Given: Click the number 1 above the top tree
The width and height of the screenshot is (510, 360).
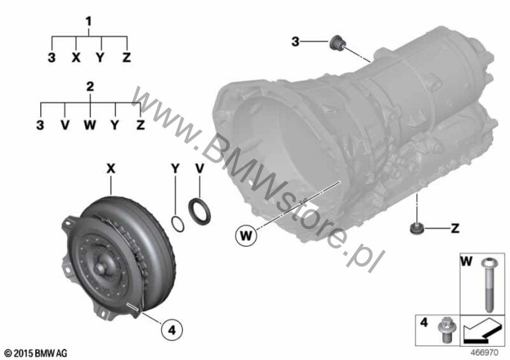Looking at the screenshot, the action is click(x=88, y=22).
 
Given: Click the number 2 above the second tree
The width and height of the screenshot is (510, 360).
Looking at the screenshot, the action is click(x=90, y=86).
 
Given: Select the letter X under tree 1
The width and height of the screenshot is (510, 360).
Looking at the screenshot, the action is click(x=76, y=57).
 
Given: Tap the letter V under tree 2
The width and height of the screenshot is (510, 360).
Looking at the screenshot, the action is click(x=65, y=125).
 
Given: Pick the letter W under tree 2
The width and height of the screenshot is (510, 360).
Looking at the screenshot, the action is click(x=90, y=125).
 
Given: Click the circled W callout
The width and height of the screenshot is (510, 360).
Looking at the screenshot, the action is click(x=246, y=234).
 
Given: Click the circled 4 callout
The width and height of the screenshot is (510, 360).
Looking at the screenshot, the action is click(x=172, y=330).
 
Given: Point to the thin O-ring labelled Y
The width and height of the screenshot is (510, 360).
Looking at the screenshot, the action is click(x=178, y=224).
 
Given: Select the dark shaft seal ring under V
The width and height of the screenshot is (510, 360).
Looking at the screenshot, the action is click(x=199, y=210).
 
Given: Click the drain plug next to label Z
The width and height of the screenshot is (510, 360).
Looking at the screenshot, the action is click(x=416, y=228).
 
